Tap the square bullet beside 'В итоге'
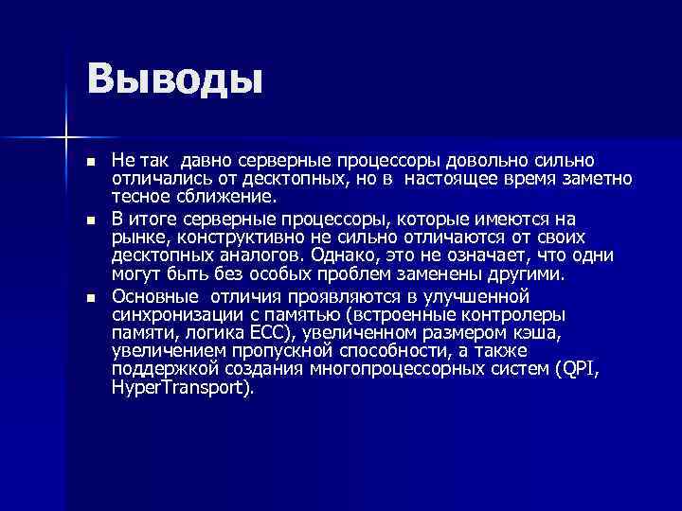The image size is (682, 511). [91, 220]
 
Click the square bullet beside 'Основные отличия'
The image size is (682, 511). [91, 296]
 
